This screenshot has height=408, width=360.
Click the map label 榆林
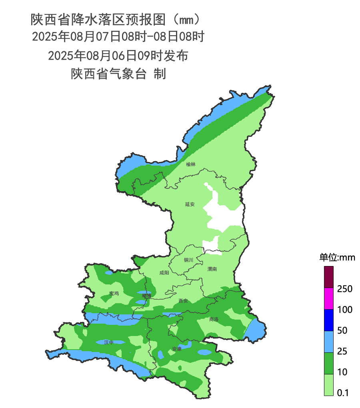(191, 164)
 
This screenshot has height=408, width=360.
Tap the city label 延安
(190, 204)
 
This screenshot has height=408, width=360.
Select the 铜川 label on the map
(188, 260)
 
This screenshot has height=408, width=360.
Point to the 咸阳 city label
(164, 273)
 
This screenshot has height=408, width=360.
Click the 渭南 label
(212, 269)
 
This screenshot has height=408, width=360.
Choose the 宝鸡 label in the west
(114, 293)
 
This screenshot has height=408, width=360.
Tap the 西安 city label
(183, 300)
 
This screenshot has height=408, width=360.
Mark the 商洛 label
(214, 319)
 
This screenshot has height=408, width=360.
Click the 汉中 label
(108, 342)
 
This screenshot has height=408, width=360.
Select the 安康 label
(177, 349)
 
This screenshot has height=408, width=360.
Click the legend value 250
(344, 289)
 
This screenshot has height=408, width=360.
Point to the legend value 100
(344, 310)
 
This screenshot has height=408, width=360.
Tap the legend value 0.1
(343, 393)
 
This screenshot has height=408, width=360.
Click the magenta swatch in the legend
(328, 299)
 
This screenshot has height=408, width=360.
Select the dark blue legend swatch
(328, 320)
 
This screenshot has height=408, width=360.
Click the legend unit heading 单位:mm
(337, 257)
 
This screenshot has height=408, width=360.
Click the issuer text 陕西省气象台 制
(118, 74)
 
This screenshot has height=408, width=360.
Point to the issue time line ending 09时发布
(118, 56)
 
